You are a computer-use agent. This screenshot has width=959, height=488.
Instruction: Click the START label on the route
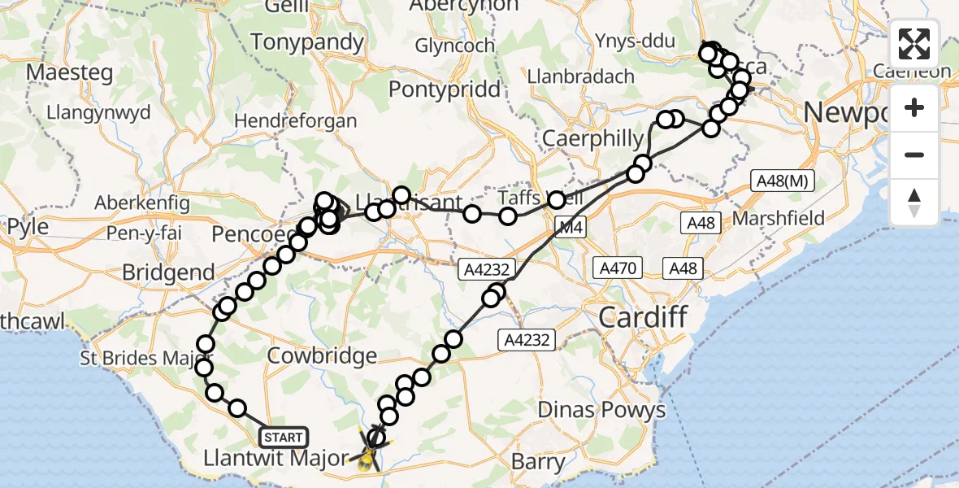point(283,438)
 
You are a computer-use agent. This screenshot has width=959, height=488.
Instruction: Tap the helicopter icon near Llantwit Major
point(370,454)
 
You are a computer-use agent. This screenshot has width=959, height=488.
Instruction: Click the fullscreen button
point(914,44)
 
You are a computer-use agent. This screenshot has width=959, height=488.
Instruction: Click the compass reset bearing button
point(914,203)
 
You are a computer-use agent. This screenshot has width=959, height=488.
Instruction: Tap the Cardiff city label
point(643,316)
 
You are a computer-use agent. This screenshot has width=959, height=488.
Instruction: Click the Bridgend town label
point(168,272)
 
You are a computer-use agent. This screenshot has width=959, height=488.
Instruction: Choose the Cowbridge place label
point(323,355)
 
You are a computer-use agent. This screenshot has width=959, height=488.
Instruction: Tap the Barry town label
point(538,462)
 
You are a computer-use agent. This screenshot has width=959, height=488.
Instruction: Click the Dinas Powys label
point(602,409)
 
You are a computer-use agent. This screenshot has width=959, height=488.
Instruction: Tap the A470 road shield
point(619,268)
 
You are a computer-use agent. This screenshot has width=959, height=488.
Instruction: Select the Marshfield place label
point(779,218)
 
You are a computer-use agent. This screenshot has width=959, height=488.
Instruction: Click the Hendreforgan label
point(295,121)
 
